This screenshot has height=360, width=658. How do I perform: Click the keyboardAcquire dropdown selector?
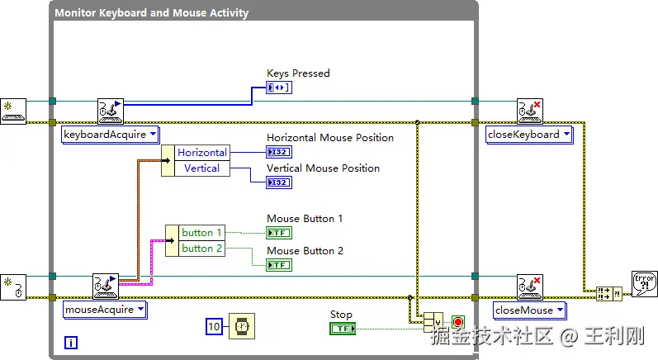111,135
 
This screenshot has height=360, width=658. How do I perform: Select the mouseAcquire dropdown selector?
106,310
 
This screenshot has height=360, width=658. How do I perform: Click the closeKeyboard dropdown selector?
529,135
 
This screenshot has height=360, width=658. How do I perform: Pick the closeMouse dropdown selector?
529,310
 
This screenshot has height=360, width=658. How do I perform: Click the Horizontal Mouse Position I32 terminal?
278,152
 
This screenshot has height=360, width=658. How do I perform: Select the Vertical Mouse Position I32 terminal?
278,182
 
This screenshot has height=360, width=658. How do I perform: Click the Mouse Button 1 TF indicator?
278,233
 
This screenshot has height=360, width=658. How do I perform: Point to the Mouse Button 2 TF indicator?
278,265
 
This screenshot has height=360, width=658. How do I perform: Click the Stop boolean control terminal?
342,329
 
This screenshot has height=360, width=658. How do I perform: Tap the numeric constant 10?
214,327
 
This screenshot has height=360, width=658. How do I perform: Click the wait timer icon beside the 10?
241,327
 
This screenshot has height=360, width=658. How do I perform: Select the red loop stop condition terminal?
458,322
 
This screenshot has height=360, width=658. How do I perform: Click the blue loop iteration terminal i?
70,343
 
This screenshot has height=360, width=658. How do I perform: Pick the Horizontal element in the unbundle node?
201,153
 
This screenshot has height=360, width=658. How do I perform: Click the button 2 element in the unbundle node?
201,248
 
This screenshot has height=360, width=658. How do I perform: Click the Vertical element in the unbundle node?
201,168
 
